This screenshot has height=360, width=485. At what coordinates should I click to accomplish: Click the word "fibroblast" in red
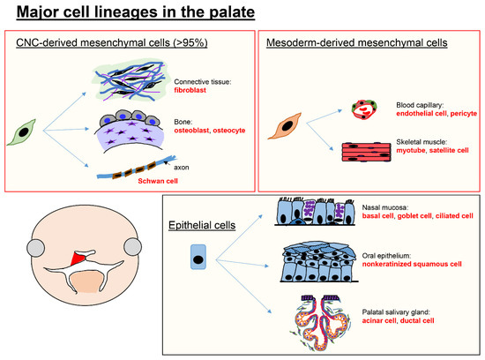click(x=190, y=90)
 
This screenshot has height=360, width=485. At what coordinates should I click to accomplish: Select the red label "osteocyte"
click(x=229, y=131)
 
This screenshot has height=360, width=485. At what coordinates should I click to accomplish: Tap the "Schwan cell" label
click(x=158, y=181)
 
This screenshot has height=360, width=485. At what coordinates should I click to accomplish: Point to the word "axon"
click(x=182, y=168)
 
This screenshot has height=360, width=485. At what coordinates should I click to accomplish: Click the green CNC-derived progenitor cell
click(x=22, y=132)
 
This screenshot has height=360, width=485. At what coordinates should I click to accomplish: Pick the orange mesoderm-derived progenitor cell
click(x=285, y=126)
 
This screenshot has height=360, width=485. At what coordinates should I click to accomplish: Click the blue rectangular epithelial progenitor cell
click(x=198, y=257)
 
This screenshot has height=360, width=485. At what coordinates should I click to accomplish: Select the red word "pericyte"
click(x=463, y=113)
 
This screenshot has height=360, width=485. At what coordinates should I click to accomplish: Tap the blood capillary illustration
click(x=364, y=109)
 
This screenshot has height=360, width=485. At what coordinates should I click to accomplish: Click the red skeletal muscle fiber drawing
click(x=366, y=152)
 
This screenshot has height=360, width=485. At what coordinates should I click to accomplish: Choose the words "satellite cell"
click(x=449, y=150)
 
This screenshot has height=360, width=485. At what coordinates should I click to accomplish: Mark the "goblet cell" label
click(x=414, y=216)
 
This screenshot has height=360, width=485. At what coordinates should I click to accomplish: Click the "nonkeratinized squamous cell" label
click(x=412, y=264)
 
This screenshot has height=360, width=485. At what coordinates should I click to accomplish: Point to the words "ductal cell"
click(x=417, y=320)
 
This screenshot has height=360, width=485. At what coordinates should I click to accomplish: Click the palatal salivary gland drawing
click(x=321, y=323)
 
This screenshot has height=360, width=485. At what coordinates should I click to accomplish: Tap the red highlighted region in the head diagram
click(x=78, y=259)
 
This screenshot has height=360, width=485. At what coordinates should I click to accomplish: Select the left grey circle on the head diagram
click(x=36, y=248)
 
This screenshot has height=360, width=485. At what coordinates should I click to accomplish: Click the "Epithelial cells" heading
click(x=202, y=225)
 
